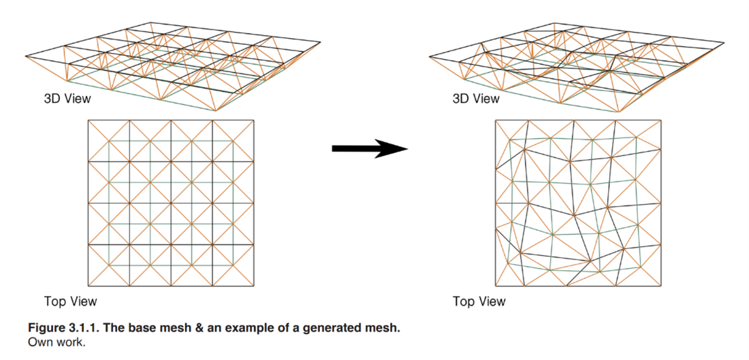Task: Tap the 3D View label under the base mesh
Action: [67, 99]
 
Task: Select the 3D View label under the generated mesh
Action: [475, 99]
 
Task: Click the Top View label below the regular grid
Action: [70, 301]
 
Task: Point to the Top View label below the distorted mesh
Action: [479, 301]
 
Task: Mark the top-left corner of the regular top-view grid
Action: [88, 120]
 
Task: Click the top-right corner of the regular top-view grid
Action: [254, 120]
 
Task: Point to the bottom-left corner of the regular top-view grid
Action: [88, 286]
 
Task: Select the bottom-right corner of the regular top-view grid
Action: [254, 286]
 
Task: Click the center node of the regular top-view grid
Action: [171, 203]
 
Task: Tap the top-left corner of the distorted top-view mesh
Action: [495, 120]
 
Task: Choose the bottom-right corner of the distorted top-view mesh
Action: [661, 286]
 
